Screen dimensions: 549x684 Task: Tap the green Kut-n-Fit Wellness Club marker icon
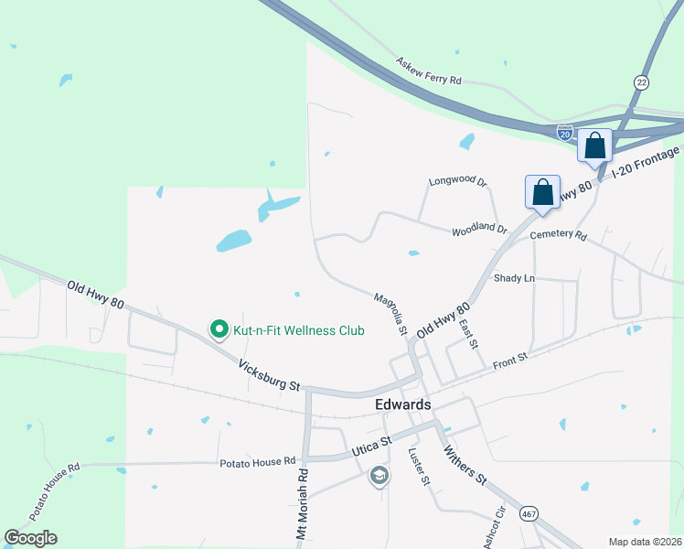(x=219, y=329)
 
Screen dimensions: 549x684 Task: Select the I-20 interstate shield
(x=566, y=133)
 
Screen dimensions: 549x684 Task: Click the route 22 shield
(x=642, y=82)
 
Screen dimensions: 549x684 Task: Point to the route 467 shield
(x=529, y=514)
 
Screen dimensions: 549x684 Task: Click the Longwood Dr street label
(x=458, y=181)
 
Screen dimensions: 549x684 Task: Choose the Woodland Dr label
(x=479, y=229)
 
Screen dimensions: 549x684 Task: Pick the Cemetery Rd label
(x=558, y=235)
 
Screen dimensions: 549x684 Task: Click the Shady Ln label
(x=513, y=277)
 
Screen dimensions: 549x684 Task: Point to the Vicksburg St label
(x=269, y=374)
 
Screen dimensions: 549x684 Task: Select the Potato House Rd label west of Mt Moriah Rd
(x=258, y=462)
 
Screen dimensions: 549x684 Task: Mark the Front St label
(x=510, y=361)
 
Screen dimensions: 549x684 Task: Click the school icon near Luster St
(x=379, y=476)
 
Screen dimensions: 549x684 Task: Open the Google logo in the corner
(x=31, y=538)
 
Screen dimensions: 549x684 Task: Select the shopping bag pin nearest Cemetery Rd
(x=543, y=193)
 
